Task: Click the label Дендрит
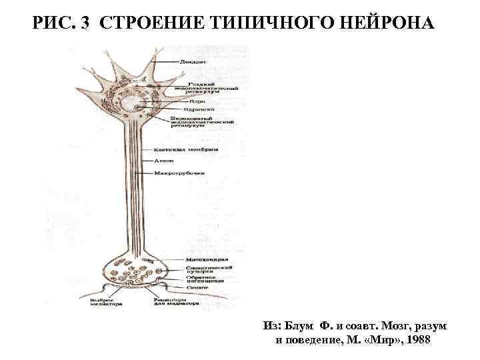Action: [x=193, y=62]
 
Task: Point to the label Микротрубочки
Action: [x=179, y=173]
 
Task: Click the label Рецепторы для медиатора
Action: [x=174, y=303]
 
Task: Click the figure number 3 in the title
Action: [x=85, y=25]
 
